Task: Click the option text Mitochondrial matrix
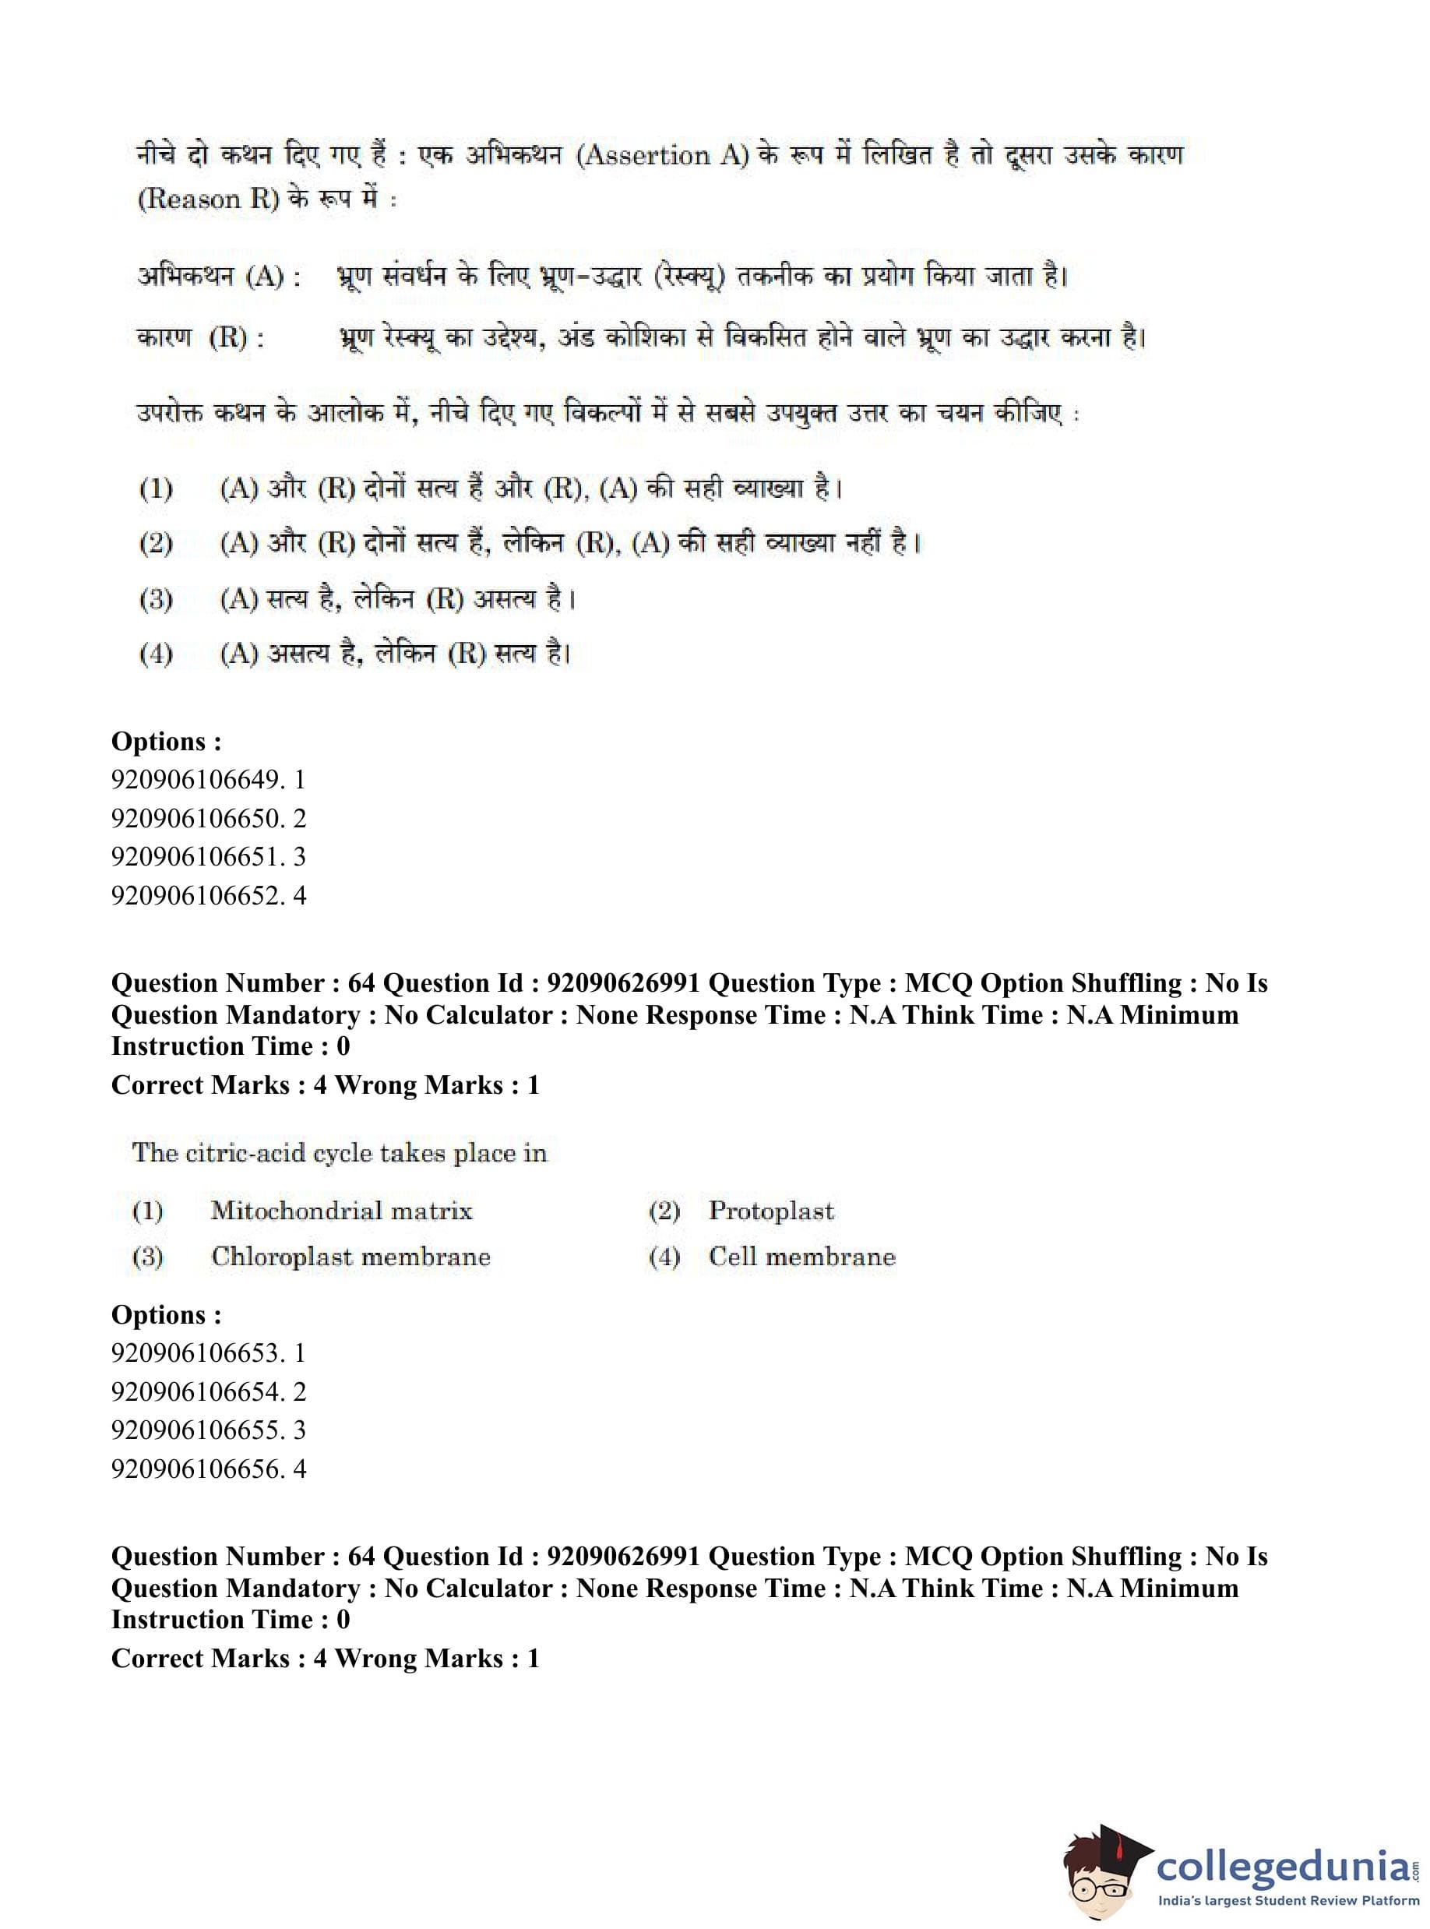(x=341, y=1211)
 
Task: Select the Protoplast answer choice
(x=770, y=1211)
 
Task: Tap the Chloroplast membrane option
(x=350, y=1257)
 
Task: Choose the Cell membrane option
(x=801, y=1257)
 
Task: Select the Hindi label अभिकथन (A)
(x=219, y=277)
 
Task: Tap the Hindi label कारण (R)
(x=200, y=337)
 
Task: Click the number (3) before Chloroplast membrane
(x=147, y=1257)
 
